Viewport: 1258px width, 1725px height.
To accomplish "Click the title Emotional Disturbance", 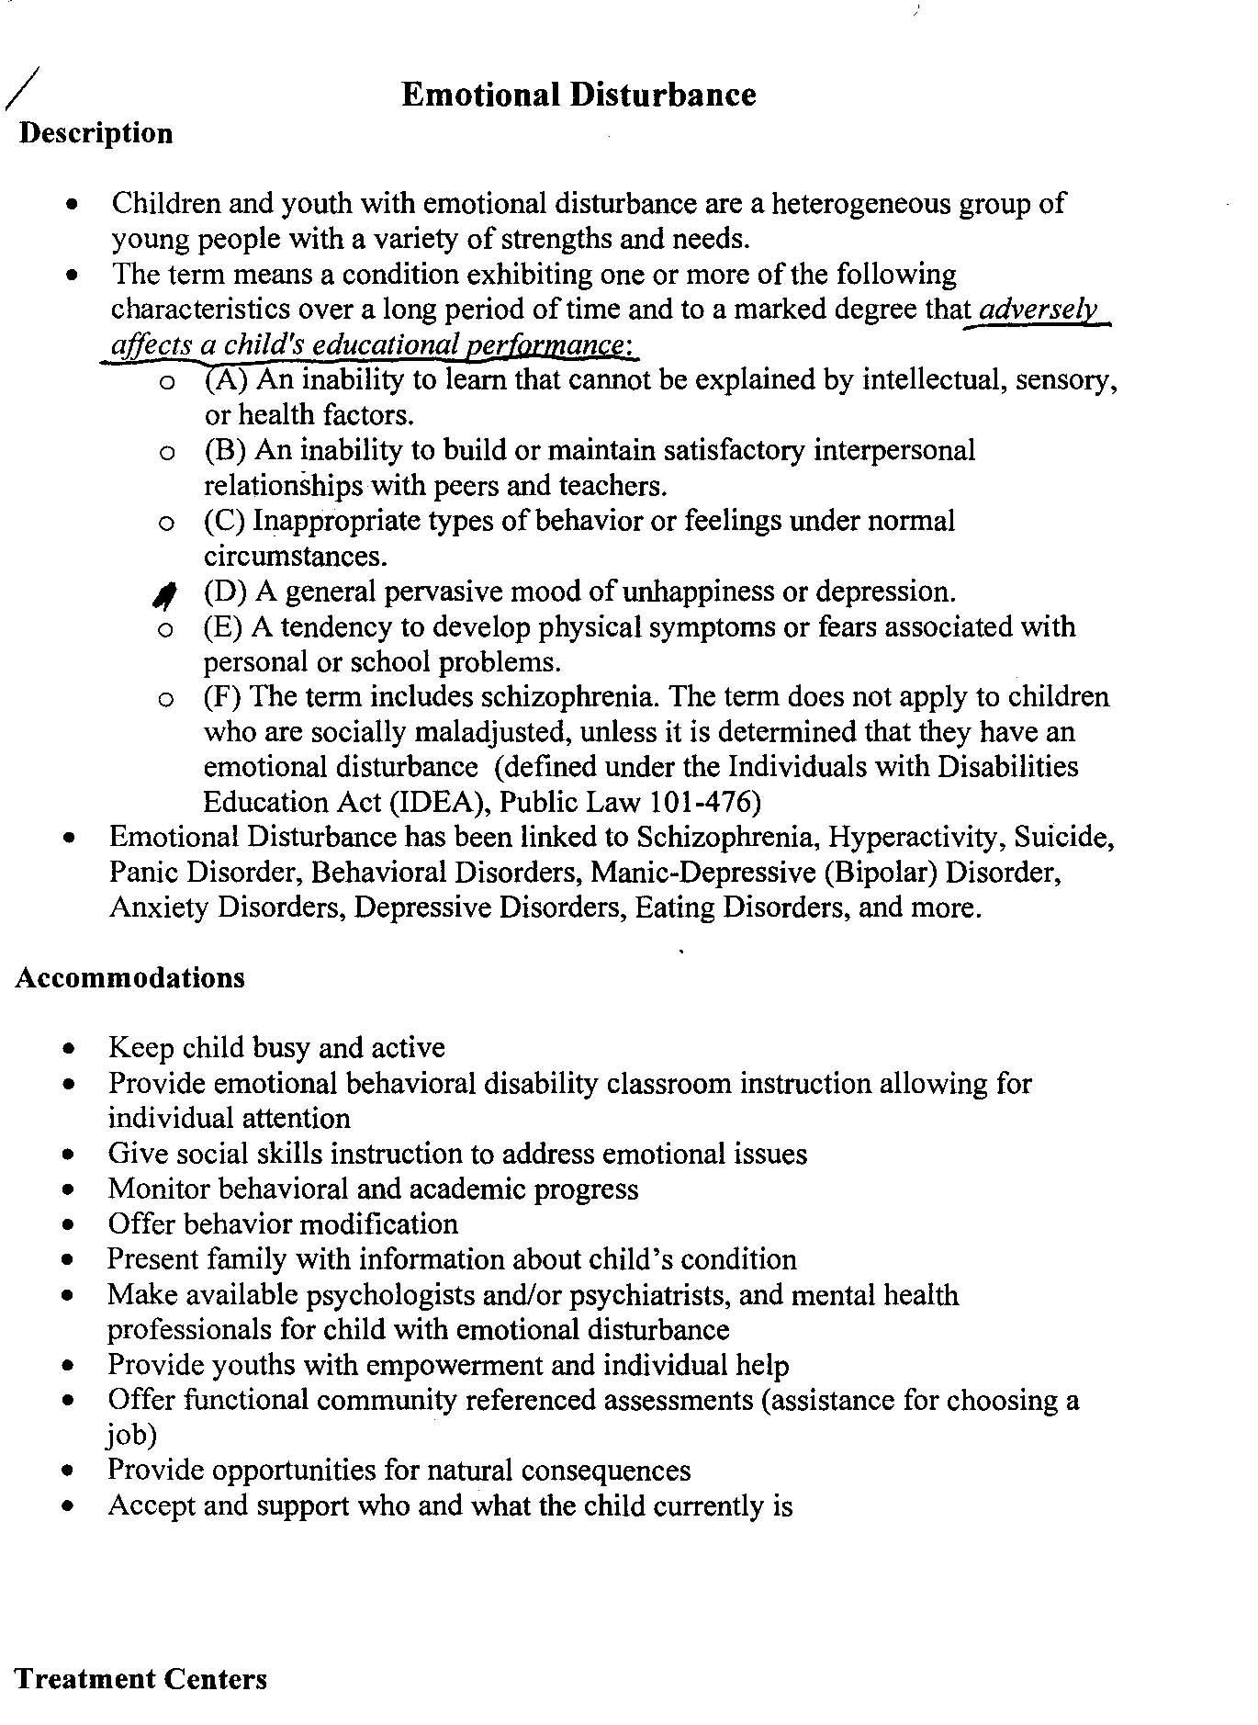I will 578,95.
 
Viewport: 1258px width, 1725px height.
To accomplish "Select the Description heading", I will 95,133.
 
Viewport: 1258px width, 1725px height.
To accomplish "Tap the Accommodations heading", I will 129,977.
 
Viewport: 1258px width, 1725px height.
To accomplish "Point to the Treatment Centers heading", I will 140,1679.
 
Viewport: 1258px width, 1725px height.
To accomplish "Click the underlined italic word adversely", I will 1038,310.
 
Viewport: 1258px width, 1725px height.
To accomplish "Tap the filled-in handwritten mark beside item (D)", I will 164,595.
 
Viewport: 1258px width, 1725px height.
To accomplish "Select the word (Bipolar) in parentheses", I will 876,872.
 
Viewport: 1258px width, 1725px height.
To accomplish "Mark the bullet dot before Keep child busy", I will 70,1049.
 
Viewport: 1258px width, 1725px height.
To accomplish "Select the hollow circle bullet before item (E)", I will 165,629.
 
